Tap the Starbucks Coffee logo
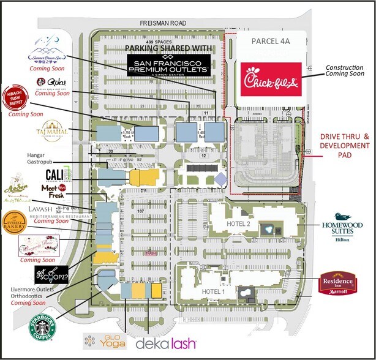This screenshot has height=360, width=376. point(42,325)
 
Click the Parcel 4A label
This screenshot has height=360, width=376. point(272,40)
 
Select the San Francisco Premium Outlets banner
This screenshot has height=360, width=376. point(168,64)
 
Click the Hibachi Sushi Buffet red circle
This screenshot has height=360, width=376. point(18,97)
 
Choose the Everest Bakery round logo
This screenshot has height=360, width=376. point(16,221)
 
